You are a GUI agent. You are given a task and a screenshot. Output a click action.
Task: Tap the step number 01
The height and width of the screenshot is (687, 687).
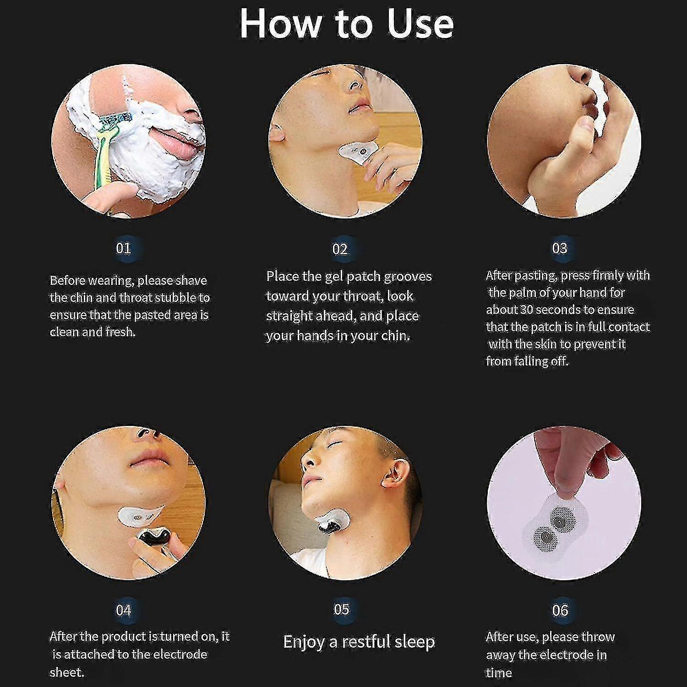click(x=123, y=248)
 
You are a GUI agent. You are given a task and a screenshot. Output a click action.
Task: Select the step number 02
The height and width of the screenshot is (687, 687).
click(x=340, y=249)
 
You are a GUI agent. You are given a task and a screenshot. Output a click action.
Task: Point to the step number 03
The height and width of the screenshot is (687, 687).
click(x=560, y=248)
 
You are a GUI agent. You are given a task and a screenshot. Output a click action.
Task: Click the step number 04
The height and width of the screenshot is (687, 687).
click(x=123, y=610)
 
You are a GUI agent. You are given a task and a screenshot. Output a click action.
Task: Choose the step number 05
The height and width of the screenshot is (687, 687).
click(x=342, y=609)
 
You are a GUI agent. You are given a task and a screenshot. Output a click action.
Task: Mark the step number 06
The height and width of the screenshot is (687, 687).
click(x=560, y=610)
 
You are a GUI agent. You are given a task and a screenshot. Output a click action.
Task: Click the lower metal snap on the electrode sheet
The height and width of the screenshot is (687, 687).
click(x=544, y=535)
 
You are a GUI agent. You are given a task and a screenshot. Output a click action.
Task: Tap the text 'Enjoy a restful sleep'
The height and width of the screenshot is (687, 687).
click(x=359, y=641)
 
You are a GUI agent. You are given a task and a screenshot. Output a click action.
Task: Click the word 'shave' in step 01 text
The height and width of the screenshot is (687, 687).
click(x=191, y=280)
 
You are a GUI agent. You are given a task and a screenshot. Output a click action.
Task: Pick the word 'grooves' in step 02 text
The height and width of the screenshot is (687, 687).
click(x=408, y=276)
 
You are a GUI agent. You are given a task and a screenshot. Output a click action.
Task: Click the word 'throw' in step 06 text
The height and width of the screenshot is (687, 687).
click(x=597, y=637)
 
